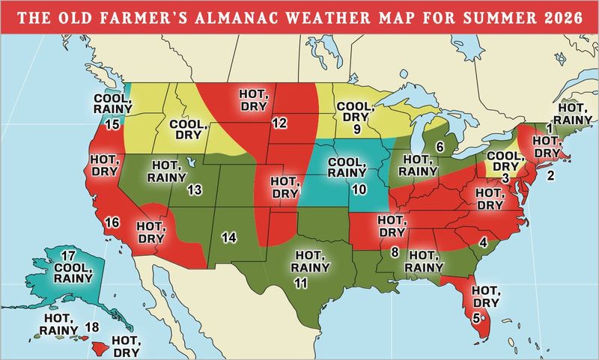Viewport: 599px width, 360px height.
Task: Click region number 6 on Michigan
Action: pos(440,145)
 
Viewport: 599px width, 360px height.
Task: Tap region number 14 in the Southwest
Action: pos(229,237)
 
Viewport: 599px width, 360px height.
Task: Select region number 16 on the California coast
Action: pos(113,222)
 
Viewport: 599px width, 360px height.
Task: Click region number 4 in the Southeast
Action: pos(483,242)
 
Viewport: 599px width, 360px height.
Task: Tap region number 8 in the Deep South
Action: pos(395,253)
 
